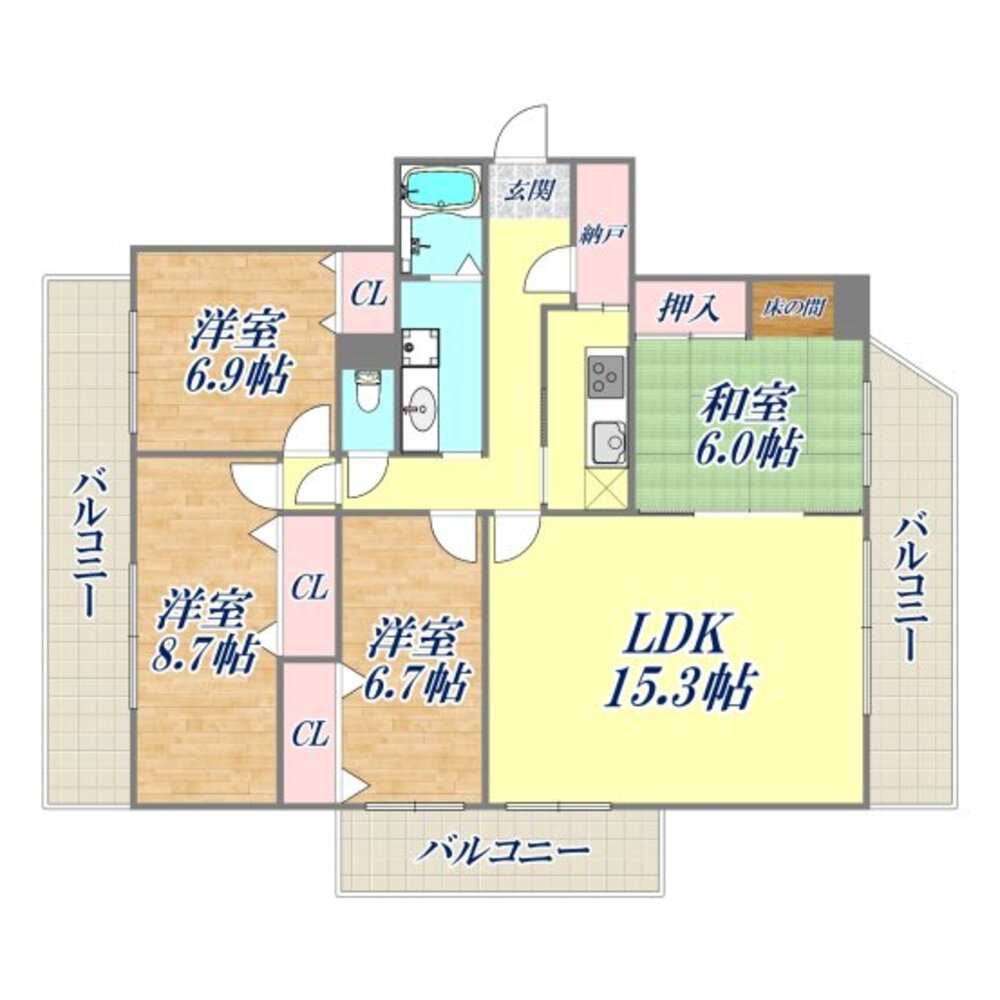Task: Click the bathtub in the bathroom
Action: coord(441,189)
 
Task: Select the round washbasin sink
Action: coord(421,404)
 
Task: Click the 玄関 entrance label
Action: coord(529,189)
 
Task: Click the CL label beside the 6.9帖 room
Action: coord(369,295)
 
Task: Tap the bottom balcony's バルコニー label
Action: coord(502,851)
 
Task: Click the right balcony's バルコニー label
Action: coord(909,588)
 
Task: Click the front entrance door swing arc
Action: coord(518,124)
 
